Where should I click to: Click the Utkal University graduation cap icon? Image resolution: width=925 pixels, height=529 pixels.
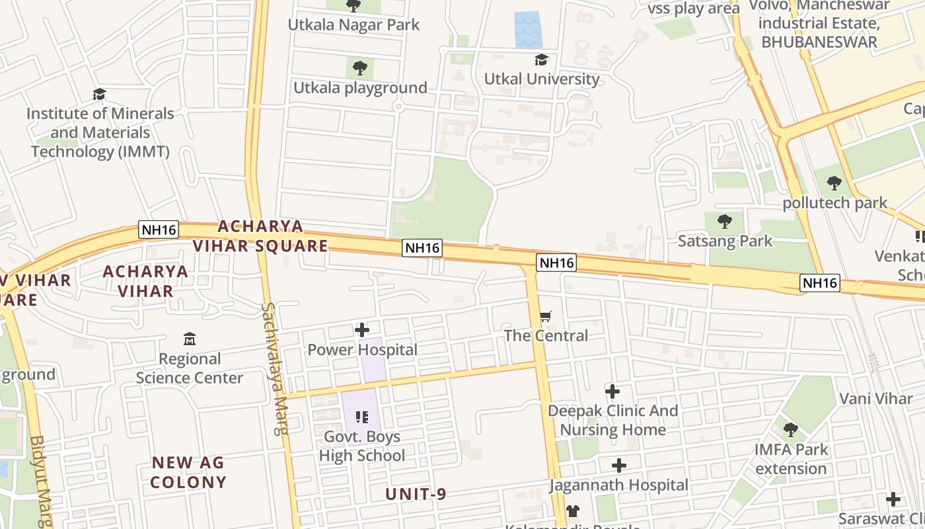coord(541,60)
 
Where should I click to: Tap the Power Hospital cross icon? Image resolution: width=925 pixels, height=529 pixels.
coord(362,329)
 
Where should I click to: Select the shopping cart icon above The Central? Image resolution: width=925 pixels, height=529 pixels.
coord(546,317)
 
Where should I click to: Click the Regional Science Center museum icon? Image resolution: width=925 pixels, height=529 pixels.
coord(190,339)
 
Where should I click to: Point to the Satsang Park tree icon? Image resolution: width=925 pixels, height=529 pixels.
coord(725,222)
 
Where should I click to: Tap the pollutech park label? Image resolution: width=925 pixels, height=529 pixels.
coord(835,202)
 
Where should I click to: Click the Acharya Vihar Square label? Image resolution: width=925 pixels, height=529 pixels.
coord(260,236)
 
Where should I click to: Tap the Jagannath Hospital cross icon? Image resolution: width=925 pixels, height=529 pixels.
coord(619,466)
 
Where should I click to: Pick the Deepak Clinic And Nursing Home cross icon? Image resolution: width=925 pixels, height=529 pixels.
coord(612,391)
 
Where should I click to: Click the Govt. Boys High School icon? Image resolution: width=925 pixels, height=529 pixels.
coord(361,417)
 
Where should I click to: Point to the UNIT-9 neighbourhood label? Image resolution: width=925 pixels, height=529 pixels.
coord(416,494)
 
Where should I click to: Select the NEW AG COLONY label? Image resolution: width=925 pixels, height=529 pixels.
coord(188,472)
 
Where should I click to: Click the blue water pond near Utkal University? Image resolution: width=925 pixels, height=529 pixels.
coord(528,29)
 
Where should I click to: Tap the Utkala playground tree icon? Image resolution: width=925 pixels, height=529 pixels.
coord(360,67)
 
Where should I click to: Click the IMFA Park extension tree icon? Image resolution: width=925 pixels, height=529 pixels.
coord(790,430)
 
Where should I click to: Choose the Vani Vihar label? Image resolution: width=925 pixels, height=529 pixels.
coord(875,399)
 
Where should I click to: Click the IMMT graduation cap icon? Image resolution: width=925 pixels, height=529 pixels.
coord(99,95)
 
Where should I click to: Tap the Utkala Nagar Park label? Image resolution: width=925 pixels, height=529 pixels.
coord(353,25)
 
